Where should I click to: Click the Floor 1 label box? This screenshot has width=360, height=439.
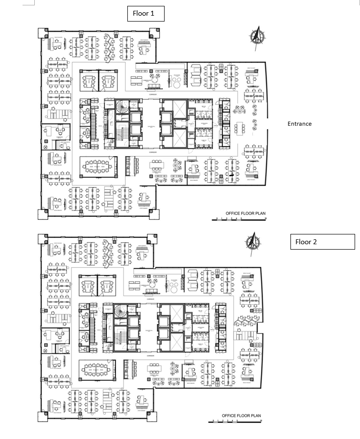pyautogui.click(x=145, y=14)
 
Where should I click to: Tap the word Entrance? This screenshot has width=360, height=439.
pyautogui.click(x=299, y=124)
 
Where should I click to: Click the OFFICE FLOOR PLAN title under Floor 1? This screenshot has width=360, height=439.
pyautogui.click(x=245, y=213)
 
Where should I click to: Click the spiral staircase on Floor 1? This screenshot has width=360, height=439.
pyautogui.click(x=121, y=107)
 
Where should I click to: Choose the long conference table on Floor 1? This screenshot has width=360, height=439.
pyautogui.click(x=98, y=167)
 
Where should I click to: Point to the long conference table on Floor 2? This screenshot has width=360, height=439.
pyautogui.click(x=98, y=370)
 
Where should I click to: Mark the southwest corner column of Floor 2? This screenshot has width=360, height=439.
pyautogui.click(x=43, y=416)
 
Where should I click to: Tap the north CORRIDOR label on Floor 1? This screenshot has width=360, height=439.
pyautogui.click(x=152, y=93)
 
